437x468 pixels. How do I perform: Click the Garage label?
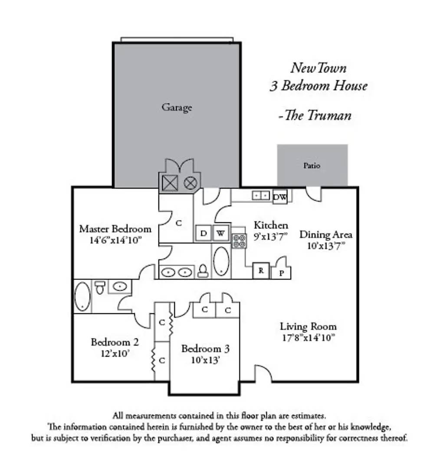177,107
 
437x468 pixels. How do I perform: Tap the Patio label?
312,166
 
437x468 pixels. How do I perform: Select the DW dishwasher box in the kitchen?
280,198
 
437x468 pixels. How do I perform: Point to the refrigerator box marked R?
261,271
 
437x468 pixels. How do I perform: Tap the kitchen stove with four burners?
239,240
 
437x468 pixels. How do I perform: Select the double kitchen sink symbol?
261,196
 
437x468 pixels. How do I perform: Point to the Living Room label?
308,326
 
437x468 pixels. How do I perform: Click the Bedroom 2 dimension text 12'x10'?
115,353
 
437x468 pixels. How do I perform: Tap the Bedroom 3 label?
205,348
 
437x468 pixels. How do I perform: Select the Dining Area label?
326,235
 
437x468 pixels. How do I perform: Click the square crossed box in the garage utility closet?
170,183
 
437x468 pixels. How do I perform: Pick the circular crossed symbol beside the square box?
190,183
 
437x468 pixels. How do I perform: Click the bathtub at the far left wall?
82,296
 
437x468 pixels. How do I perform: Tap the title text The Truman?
315,115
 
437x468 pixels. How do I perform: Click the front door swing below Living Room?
263,374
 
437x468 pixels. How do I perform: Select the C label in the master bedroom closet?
178,223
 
